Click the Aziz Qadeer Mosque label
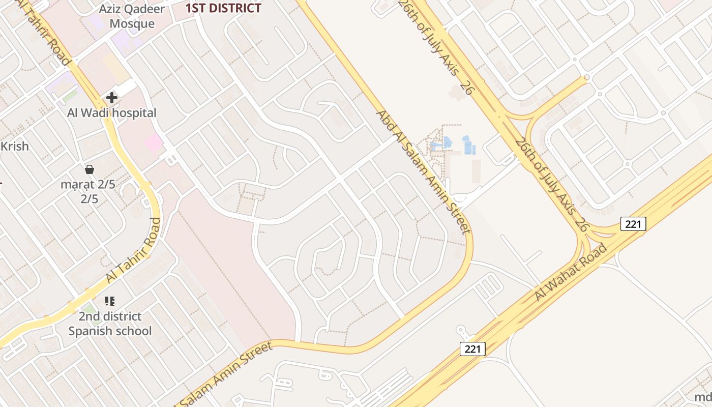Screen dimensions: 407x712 pos(132,16)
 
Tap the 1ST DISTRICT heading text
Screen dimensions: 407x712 pos(223,8)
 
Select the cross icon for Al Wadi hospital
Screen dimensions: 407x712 pos(112,98)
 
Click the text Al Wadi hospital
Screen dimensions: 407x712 pos(112,113)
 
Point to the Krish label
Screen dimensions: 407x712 pos(14,147)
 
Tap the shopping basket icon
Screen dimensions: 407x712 pos(90,169)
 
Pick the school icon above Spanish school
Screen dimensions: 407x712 pos(110,301)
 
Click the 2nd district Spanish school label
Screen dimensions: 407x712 pos(110,324)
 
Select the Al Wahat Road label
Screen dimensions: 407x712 pos(571,272)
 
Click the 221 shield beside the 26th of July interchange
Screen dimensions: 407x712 pos(633,224)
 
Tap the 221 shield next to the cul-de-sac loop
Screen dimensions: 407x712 pos(472,349)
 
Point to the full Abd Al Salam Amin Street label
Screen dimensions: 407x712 pos(423,171)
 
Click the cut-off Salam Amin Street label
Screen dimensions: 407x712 pos(224,375)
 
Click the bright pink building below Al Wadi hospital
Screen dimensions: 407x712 pos(153,143)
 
